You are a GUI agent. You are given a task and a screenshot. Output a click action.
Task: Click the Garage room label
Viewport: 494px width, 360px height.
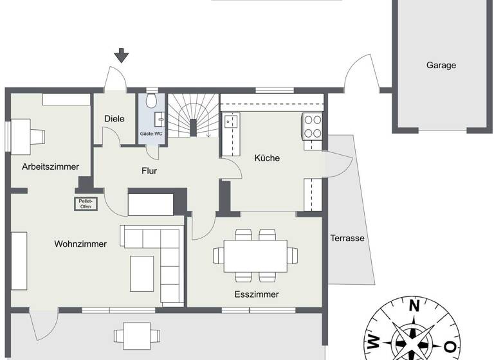(441, 65)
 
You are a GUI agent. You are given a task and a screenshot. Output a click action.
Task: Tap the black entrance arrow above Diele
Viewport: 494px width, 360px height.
(122, 55)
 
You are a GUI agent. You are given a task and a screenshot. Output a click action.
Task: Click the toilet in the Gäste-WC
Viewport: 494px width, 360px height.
(151, 101)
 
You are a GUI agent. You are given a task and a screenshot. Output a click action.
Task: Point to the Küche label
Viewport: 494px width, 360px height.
(267, 158)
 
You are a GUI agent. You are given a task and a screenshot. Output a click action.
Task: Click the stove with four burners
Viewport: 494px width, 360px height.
(312, 125)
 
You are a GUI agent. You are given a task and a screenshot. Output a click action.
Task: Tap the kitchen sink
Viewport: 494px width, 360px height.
(230, 120)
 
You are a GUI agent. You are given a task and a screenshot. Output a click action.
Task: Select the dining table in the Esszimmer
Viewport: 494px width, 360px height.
(256, 255)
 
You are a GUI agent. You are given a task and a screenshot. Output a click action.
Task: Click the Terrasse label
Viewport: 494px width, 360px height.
(347, 238)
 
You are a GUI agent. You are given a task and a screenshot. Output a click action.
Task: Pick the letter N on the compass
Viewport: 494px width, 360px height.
(415, 305)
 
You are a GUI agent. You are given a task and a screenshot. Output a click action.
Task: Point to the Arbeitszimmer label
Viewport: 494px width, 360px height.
(50, 166)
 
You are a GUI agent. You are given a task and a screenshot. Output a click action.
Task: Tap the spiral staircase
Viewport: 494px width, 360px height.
(192, 116)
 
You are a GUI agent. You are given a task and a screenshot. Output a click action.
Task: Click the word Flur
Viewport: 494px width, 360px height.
(149, 171)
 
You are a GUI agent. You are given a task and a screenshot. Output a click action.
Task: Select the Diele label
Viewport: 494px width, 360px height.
(114, 119)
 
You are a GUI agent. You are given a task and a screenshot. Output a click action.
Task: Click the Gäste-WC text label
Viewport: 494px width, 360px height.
(151, 134)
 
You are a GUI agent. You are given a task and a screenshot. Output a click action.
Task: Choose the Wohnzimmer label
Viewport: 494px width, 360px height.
(80, 244)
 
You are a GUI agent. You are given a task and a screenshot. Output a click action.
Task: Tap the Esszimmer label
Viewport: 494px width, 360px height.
(257, 294)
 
